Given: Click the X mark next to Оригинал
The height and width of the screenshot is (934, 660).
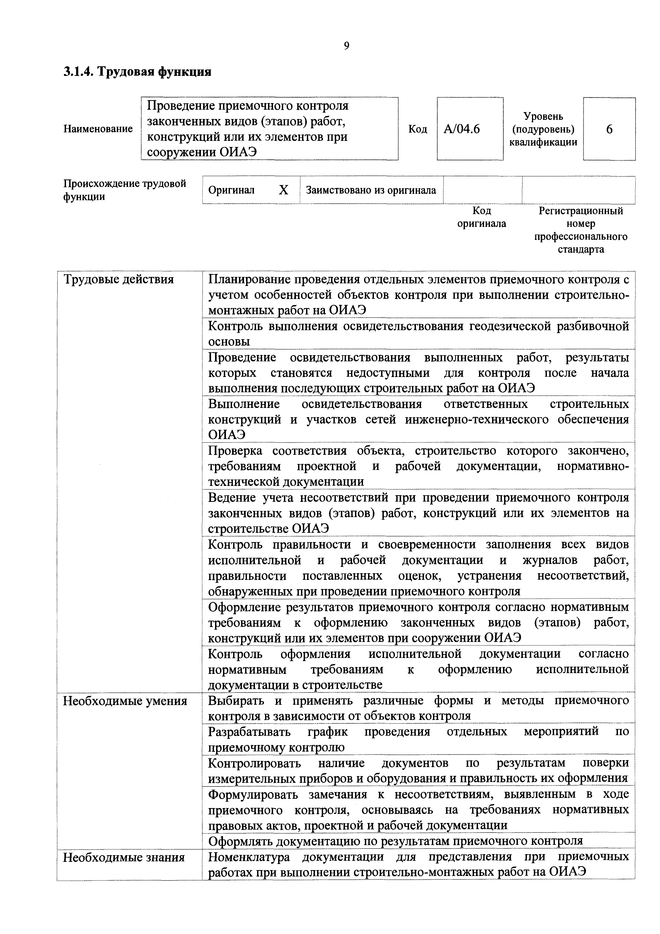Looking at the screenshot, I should (283, 190).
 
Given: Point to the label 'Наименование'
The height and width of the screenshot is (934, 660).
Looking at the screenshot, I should (98, 129).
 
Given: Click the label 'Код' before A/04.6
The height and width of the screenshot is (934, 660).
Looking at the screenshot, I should (418, 129).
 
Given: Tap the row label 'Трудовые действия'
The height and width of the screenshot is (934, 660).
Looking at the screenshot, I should (118, 280).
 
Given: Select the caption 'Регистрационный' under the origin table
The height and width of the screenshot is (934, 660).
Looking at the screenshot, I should (581, 211).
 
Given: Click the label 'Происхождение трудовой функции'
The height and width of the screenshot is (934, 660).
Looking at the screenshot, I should (125, 190).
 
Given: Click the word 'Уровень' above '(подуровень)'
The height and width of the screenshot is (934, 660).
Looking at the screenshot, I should (543, 116).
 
